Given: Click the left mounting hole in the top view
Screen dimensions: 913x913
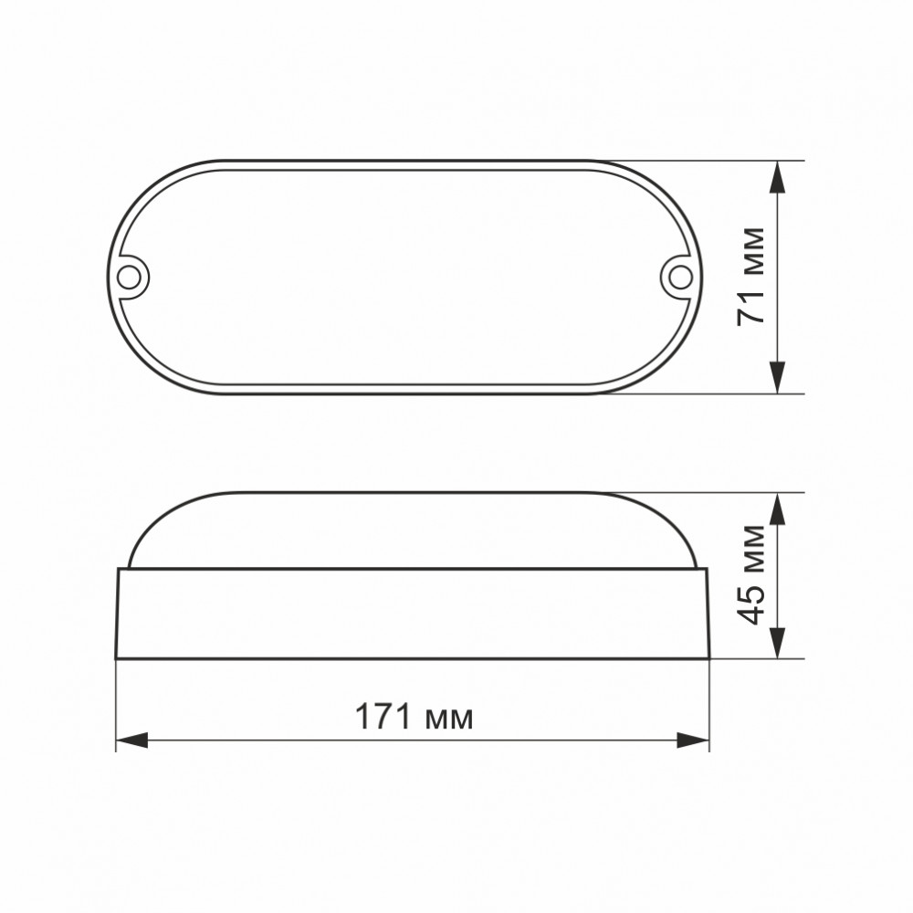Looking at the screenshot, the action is tap(128, 278).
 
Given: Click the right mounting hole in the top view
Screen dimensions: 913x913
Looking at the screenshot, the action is tap(679, 278).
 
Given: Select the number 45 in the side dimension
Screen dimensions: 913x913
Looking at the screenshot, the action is tap(751, 605).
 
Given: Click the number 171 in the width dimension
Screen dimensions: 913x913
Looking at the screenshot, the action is tap(383, 716).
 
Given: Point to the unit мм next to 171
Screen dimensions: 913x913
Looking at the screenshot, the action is tap(449, 720).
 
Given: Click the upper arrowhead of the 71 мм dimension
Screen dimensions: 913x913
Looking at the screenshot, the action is tap(777, 177).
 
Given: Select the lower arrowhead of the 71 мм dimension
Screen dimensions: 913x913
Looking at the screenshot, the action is tap(777, 377).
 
